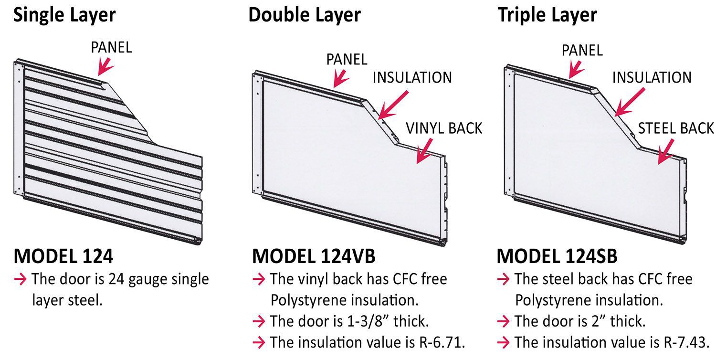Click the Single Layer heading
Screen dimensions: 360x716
coord(64,15)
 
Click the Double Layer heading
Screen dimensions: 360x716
coord(304,15)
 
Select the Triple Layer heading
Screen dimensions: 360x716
coord(547,15)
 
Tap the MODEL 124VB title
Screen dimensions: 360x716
coord(314,256)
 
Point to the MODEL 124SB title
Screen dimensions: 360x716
coord(557,256)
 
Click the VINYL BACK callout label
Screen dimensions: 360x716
coord(444,128)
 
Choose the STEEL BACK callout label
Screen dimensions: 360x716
coord(676,128)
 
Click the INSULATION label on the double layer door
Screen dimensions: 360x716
coord(412,77)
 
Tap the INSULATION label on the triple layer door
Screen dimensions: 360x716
coord(652,77)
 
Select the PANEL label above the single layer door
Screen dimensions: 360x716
coord(111,47)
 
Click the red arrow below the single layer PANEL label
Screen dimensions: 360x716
coord(105,66)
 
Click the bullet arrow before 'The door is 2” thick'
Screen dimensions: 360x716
coord(504,321)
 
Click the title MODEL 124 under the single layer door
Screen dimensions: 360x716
coord(63,256)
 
